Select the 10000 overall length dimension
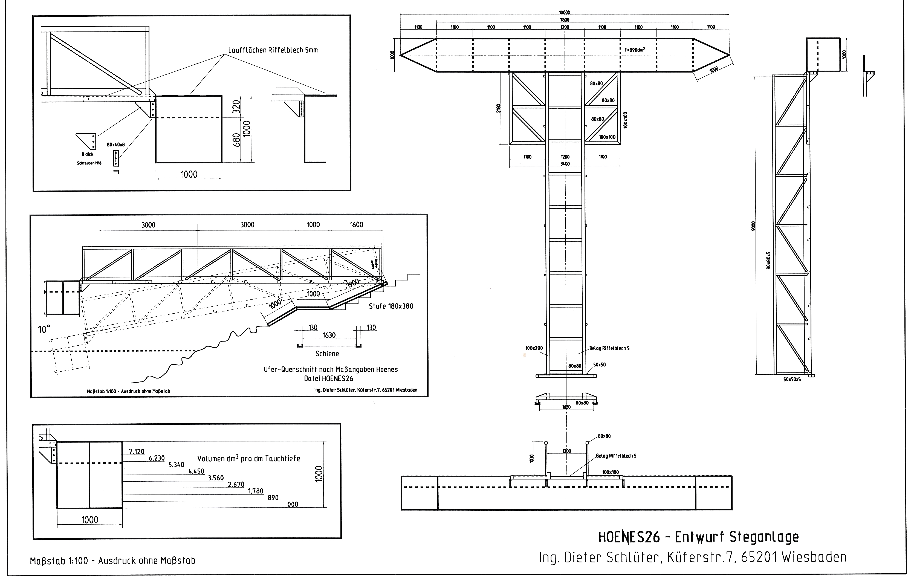pyautogui.click(x=565, y=13)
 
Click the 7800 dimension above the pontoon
pyautogui.click(x=565, y=20)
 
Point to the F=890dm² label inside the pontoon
pyautogui.click(x=634, y=49)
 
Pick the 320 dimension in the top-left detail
pyautogui.click(x=237, y=107)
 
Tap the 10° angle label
pyautogui.click(x=44, y=329)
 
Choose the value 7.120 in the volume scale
pyautogui.click(x=137, y=451)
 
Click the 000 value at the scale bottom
pyautogui.click(x=293, y=504)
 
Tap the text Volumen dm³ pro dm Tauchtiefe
pyautogui.click(x=248, y=458)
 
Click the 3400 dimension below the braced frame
pyautogui.click(x=565, y=164)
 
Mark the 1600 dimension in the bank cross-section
pyautogui.click(x=356, y=225)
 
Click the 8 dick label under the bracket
pyautogui.click(x=87, y=154)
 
